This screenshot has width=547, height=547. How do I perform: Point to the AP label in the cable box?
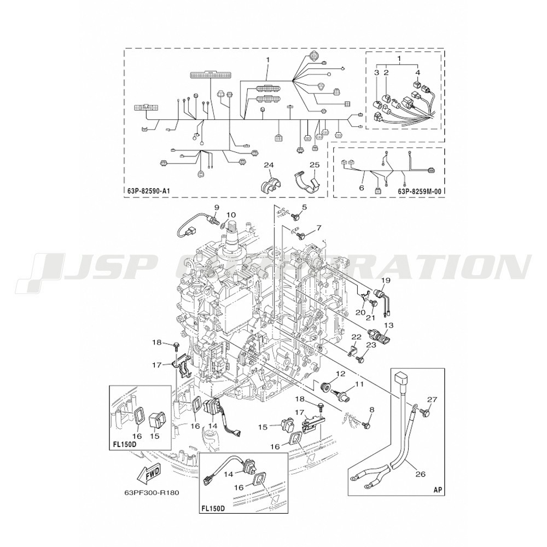(438, 490)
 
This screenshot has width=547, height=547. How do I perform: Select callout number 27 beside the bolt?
(432, 399)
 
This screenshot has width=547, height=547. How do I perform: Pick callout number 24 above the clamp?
(268, 165)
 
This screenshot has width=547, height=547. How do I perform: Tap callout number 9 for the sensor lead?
(217, 207)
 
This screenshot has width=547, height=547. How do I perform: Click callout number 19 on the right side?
(386, 280)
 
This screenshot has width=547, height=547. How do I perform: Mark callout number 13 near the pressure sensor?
(388, 325)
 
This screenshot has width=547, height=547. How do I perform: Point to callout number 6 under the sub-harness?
(362, 188)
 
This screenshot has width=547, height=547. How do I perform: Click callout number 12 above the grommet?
(340, 374)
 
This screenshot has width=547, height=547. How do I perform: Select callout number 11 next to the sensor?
(359, 384)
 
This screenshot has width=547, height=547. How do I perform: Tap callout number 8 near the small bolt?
(371, 410)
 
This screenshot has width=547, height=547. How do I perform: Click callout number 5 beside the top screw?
(304, 207)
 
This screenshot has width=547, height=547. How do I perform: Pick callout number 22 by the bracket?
(356, 336)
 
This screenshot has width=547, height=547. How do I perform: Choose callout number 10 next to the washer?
(231, 214)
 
